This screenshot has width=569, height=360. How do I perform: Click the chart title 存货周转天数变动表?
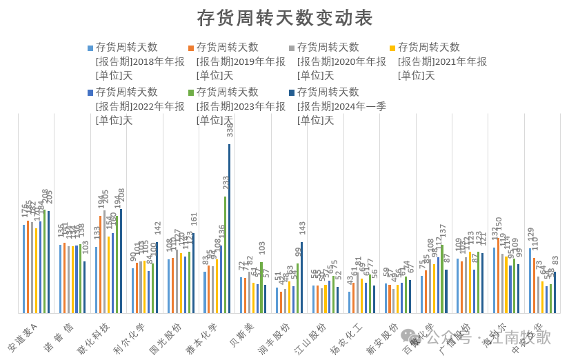(x=284, y=17)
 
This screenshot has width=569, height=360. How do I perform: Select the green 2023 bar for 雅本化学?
(x=226, y=254)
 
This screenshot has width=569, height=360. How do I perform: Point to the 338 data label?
(x=230, y=129)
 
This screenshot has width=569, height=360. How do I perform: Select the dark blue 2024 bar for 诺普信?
(x=85, y=287)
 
